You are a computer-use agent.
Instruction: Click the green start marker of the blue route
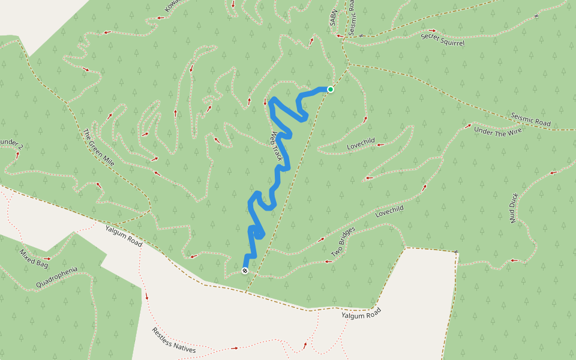point(330,89)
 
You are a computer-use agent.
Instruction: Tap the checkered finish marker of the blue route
point(245,271)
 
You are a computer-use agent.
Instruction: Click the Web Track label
point(277,148)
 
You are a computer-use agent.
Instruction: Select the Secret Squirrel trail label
point(443,39)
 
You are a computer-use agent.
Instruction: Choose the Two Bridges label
point(340,245)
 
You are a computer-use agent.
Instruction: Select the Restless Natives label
point(173,340)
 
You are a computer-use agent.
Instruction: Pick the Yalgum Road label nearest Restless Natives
point(361,313)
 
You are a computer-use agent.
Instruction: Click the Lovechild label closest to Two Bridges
point(389,211)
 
